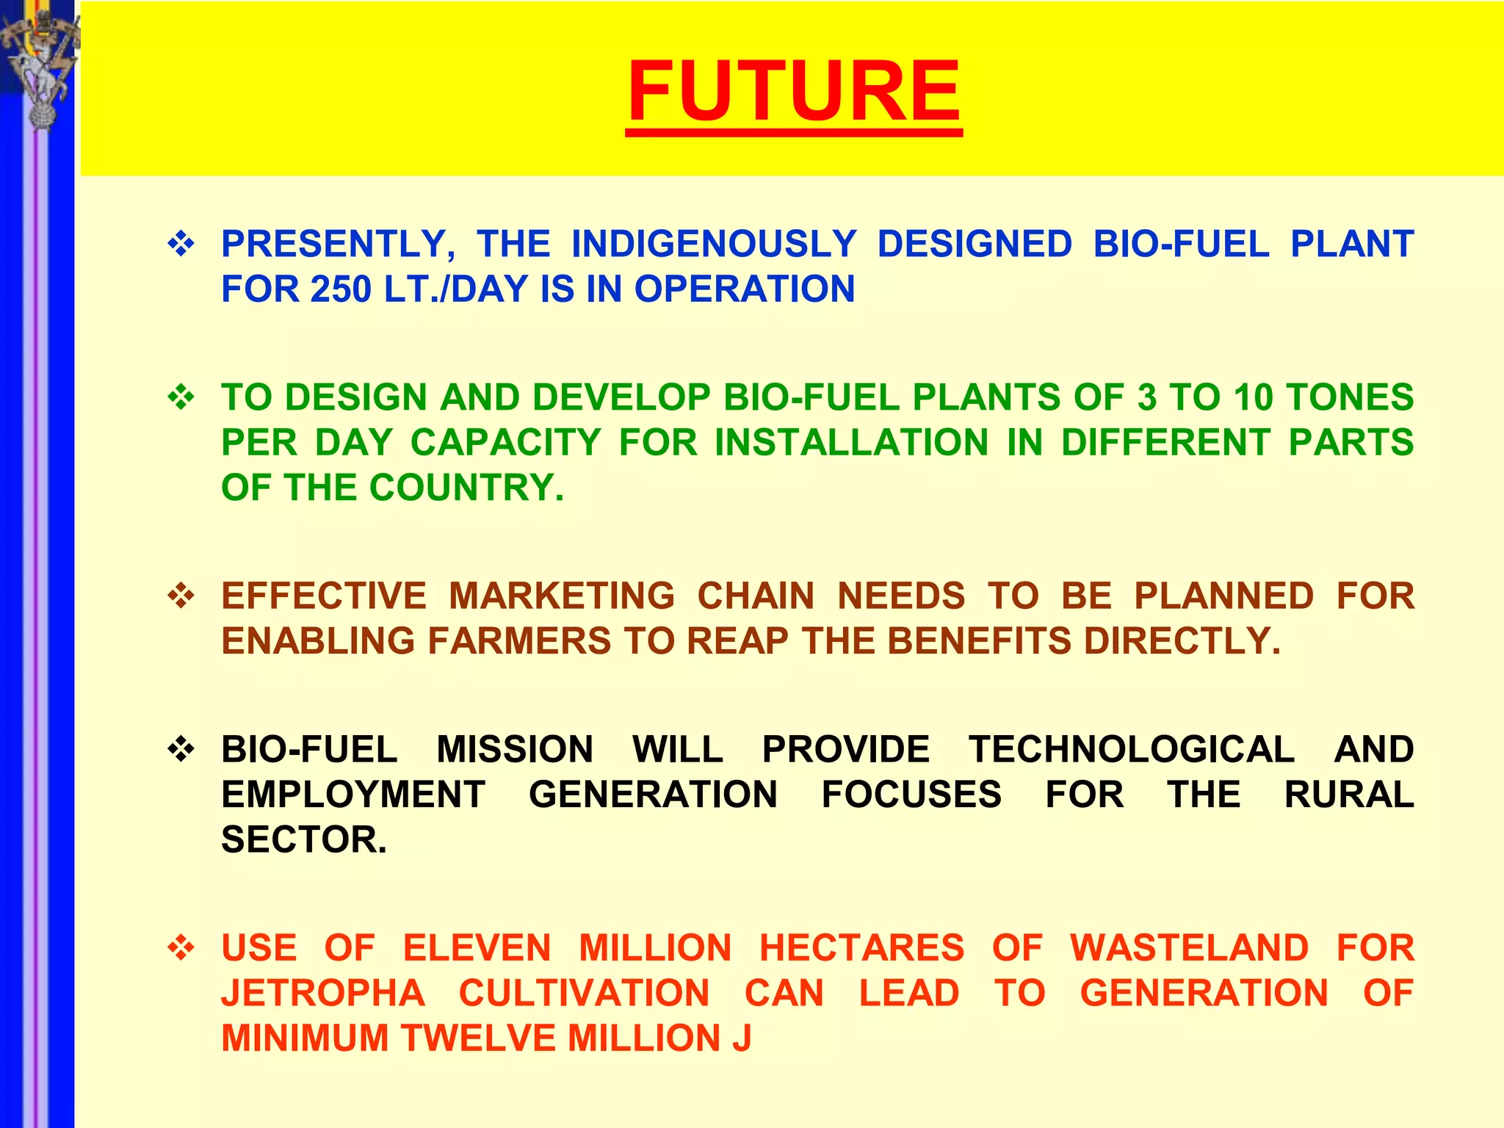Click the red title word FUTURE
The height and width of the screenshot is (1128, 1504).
point(794,92)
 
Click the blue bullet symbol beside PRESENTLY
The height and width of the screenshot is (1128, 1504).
point(181,244)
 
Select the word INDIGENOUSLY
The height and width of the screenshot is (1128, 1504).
point(714,245)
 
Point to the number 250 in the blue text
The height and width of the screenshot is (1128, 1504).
point(341,289)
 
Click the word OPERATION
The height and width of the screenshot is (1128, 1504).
point(745,289)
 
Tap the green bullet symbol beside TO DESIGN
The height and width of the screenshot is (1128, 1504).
point(181,398)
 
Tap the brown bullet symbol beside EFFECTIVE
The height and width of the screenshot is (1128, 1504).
point(181,596)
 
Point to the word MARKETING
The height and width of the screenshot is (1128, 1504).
point(562,596)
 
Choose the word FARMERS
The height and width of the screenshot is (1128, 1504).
point(519,641)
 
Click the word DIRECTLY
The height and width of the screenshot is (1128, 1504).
point(1182,641)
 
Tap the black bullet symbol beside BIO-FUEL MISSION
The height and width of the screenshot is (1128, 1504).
point(181,750)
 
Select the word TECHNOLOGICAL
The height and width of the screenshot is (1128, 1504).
point(1132,750)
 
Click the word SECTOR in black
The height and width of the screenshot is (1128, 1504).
point(303,840)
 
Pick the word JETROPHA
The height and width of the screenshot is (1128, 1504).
point(323,994)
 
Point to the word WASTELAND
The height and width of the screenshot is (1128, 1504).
point(1189,948)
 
